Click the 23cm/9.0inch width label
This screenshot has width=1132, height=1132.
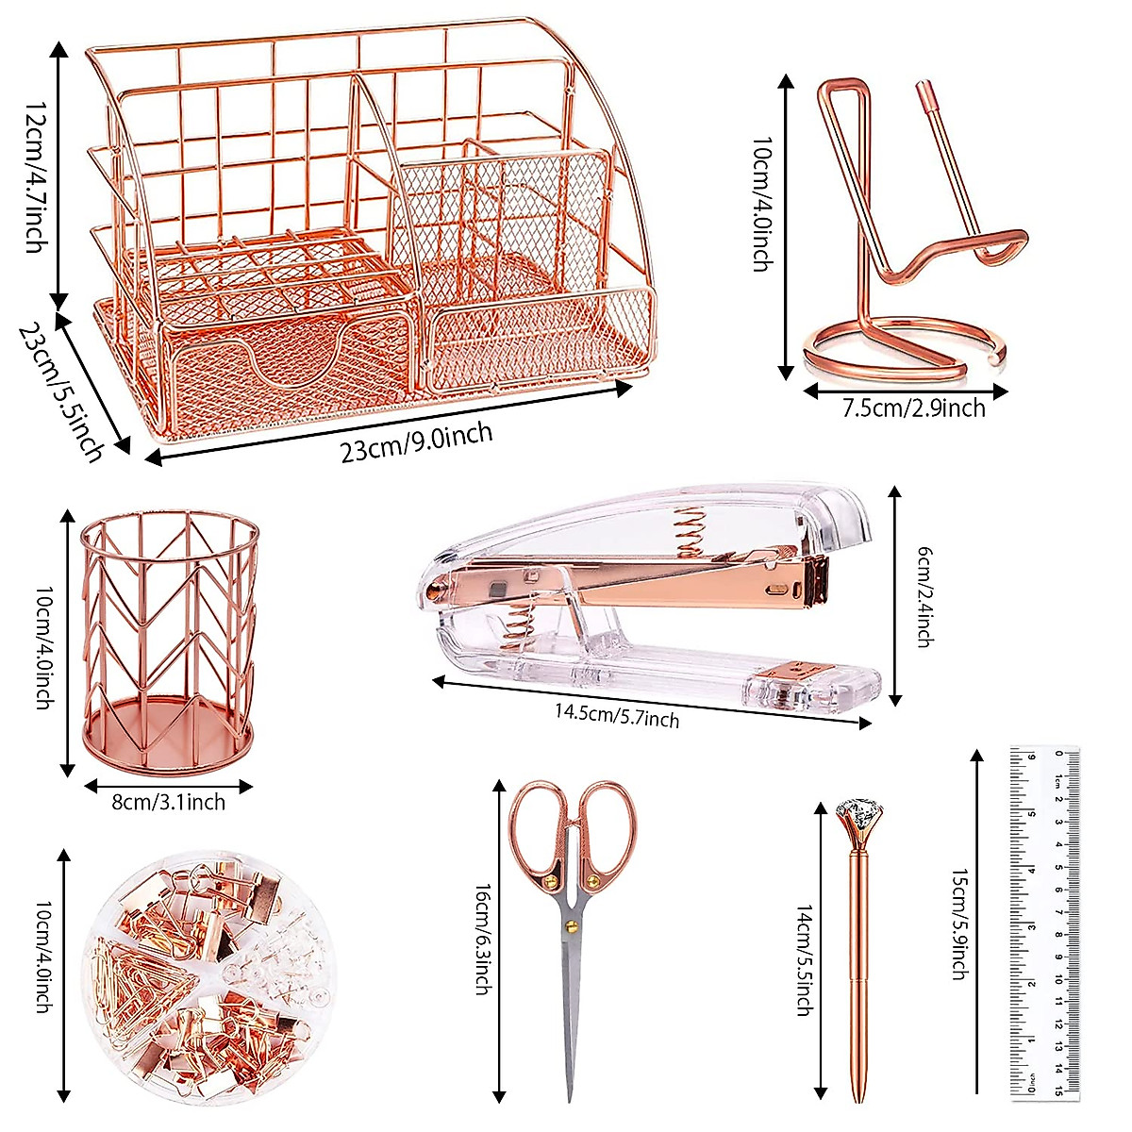(416, 441)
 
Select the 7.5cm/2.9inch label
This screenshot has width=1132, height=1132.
(913, 408)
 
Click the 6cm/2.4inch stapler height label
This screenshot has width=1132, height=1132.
(924, 598)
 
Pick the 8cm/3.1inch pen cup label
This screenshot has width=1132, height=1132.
(169, 803)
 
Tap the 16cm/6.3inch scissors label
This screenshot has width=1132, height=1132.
(481, 940)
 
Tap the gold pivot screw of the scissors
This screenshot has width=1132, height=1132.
(570, 927)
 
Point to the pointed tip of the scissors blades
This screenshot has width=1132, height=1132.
(570, 1097)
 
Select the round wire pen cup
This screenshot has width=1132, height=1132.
(168, 641)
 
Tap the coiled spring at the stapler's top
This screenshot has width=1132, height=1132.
(691, 529)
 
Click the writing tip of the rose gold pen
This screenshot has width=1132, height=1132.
(857, 1097)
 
